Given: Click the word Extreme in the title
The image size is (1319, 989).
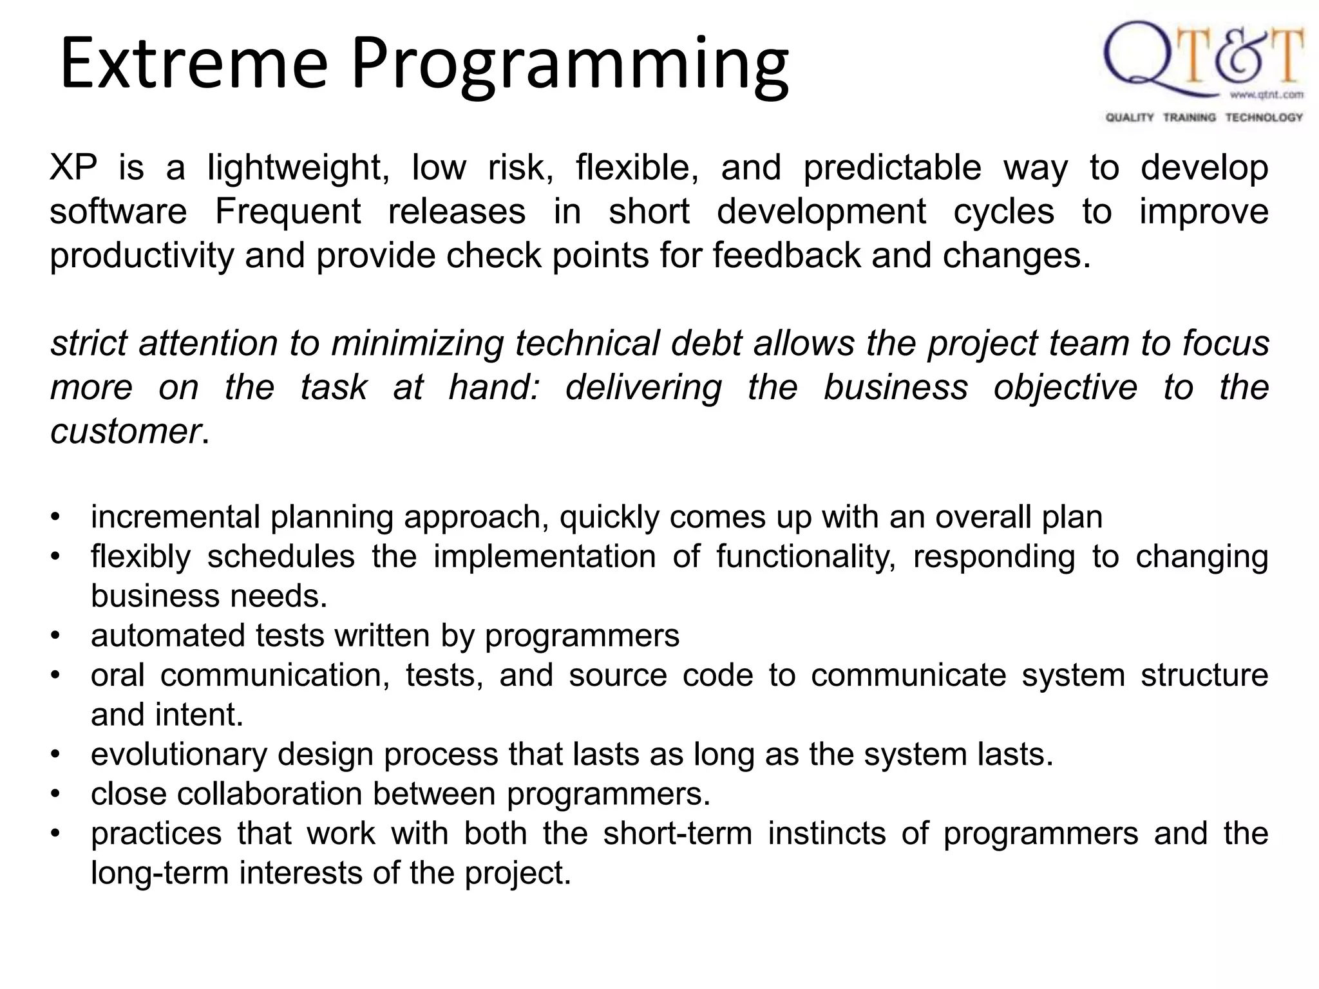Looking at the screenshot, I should click(193, 64).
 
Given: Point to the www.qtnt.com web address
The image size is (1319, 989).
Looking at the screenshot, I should click(1266, 95).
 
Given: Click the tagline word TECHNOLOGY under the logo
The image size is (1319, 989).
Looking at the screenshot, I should click(1264, 117).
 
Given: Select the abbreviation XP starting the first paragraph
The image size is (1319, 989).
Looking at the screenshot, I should click(73, 167).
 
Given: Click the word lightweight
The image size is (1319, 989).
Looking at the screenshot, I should click(298, 169).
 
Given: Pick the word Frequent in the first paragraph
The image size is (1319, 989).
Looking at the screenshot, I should click(288, 212).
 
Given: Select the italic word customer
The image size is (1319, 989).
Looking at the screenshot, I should click(126, 431).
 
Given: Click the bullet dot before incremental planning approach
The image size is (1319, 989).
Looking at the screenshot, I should click(56, 517).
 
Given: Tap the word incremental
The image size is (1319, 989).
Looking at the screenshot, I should click(175, 517).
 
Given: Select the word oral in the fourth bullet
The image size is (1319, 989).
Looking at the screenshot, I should click(117, 675).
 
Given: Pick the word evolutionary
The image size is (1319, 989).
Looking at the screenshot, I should click(178, 754).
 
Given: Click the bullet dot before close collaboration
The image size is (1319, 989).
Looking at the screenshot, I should click(56, 794).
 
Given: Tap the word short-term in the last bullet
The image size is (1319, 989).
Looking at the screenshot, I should click(678, 834).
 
